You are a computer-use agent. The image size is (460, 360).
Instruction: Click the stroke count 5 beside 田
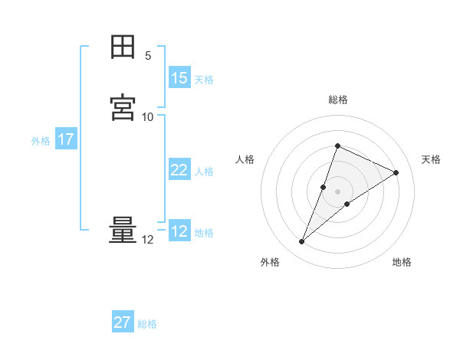pos(148,56)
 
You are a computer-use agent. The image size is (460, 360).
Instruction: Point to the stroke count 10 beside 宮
pos(148,116)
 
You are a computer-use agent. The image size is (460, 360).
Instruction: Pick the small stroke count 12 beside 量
pos(148,240)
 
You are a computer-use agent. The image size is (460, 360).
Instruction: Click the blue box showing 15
pos(179,78)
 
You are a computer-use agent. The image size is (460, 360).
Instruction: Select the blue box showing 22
pos(179,170)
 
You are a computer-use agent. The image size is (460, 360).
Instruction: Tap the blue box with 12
pos(179,231)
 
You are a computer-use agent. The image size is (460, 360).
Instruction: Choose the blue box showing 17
pos(66,140)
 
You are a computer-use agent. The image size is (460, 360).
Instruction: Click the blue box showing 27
pos(123,322)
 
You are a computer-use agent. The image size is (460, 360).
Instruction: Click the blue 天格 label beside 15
pos(204,79)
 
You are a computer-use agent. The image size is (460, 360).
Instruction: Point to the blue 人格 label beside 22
pos(204,171)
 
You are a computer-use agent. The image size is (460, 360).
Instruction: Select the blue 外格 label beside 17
pos(41,141)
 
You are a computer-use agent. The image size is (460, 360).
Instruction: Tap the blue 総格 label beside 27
pos(147,323)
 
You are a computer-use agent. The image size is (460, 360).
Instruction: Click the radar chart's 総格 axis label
pos(338,100)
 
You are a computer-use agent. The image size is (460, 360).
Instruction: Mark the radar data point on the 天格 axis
pos(396,173)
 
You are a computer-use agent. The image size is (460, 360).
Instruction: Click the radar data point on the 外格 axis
pos(302,242)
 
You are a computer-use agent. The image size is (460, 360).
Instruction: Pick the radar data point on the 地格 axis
pos(347,204)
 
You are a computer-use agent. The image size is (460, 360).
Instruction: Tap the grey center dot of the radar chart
pos(338,191)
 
